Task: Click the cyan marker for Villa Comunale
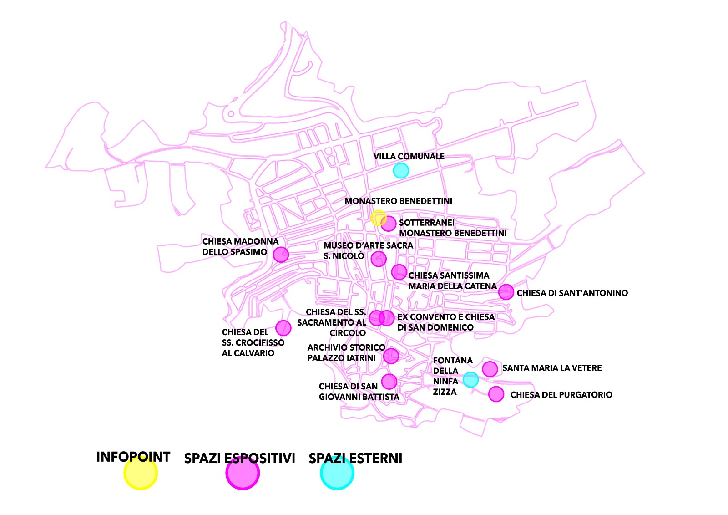point(401,171)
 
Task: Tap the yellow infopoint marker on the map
point(378,218)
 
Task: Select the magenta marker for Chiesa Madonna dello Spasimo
point(281,254)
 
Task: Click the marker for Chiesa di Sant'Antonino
point(506,292)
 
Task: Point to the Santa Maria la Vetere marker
point(490,369)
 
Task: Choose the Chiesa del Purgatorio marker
point(496,394)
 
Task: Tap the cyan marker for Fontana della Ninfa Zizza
point(470,379)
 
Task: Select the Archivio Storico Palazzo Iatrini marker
point(391,356)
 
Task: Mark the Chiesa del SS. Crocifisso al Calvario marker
point(283,328)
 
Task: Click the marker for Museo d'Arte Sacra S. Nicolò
point(379,259)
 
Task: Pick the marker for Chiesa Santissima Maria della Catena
point(399,272)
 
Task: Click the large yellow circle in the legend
point(141,474)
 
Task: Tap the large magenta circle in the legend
point(243,474)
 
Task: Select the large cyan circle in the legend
point(337,474)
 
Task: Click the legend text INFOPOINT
point(133,457)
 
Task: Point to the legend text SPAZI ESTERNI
point(355,458)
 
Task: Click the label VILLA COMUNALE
point(409,156)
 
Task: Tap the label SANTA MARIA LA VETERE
point(551,368)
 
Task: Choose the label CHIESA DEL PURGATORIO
point(561,395)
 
